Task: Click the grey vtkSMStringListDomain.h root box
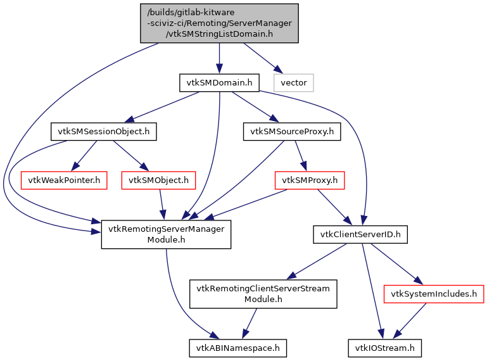(219, 23)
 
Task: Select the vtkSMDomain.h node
(219, 82)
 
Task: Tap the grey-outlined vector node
(293, 82)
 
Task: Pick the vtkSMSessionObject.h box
(103, 132)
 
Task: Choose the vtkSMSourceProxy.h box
(292, 132)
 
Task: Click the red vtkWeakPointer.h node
(63, 180)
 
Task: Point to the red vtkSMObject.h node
(159, 180)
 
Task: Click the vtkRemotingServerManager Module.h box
(166, 234)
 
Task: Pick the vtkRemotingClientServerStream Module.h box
(263, 294)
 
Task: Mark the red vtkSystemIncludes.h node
(434, 294)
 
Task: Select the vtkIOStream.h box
(384, 347)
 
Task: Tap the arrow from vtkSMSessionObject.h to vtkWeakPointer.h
(84, 156)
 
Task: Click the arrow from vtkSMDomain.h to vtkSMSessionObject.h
(163, 106)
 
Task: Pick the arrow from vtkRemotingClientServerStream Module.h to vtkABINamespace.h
(249, 324)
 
